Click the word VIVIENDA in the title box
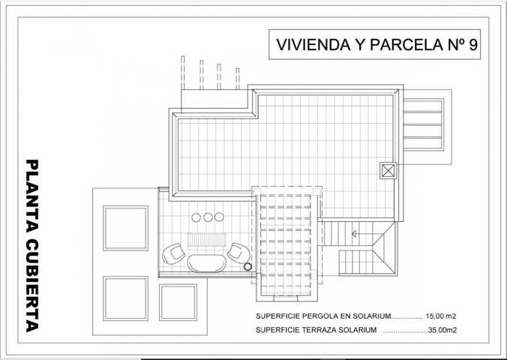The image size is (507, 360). point(313,45)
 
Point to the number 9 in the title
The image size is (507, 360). point(473,45)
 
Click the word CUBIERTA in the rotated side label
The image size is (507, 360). point(32,286)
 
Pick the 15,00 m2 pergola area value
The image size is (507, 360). point(441,316)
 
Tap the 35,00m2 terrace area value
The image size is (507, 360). point(442,330)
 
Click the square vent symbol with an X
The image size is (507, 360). point(388,170)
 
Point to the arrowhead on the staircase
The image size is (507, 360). point(354,233)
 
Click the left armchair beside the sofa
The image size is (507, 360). point(174,253)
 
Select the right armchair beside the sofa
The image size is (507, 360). point(238,253)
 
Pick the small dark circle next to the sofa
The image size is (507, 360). point(247,266)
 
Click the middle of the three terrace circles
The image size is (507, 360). point(208,217)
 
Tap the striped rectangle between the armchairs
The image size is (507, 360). point(207,240)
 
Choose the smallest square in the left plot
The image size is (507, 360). point(178,302)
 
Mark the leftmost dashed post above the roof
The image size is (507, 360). point(183,73)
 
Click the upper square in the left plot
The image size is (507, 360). point(125,228)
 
